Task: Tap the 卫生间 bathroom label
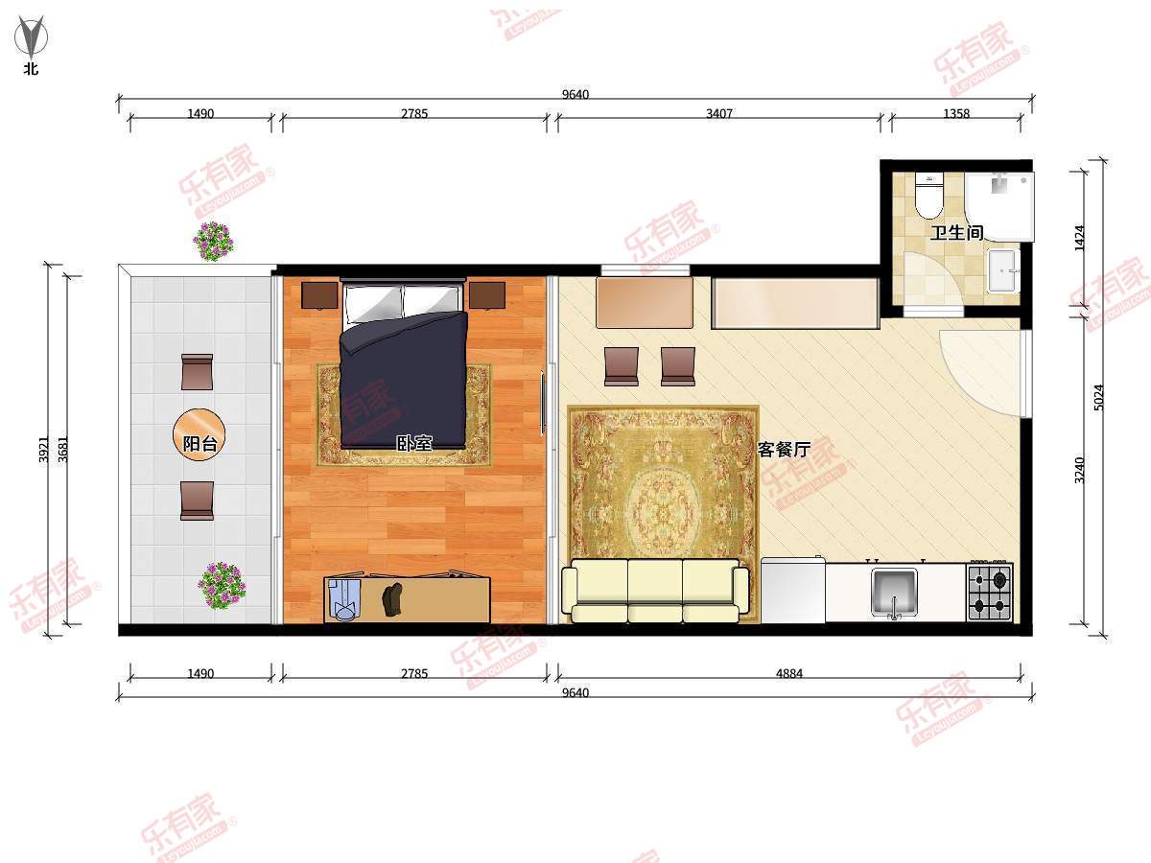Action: pos(956,232)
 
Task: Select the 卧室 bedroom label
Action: pos(414,443)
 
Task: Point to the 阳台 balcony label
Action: pos(200,443)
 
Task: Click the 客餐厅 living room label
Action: pos(784,449)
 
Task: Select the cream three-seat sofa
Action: pos(655,590)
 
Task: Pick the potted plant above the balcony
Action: pos(213,240)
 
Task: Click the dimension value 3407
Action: pos(718,113)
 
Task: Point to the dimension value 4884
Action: pos(788,673)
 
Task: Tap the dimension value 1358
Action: pos(955,113)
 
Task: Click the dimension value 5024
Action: pos(1099,398)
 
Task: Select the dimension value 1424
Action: pos(1080,238)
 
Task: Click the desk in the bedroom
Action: pos(408,598)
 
